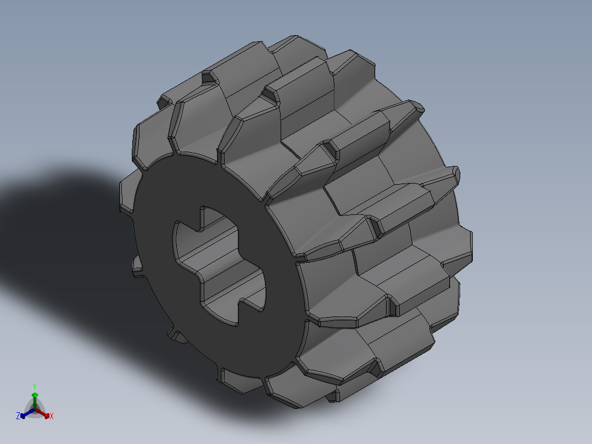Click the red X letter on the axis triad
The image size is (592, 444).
point(52,417)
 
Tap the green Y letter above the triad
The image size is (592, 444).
point(35,386)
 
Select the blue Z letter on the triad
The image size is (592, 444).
point(18,417)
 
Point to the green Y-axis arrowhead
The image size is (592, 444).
point(35,395)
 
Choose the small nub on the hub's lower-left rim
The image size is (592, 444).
point(175,333)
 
